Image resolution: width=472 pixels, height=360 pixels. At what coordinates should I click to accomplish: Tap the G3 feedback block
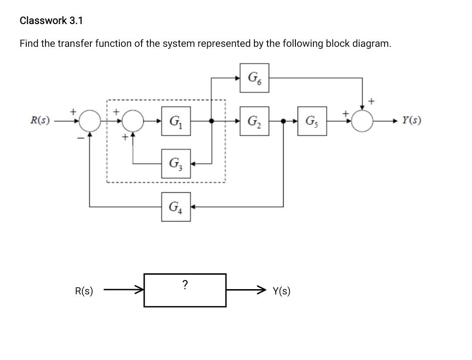pos(176,164)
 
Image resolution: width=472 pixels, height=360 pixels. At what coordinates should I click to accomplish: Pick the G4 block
pos(176,206)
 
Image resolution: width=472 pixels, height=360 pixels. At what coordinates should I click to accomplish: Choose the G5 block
pos(312,121)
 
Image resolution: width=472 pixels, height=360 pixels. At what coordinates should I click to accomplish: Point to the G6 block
pos(254,78)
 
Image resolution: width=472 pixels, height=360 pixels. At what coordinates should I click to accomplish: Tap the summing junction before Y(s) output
pos(362,121)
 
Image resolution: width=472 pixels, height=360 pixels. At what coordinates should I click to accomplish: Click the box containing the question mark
pos(185,290)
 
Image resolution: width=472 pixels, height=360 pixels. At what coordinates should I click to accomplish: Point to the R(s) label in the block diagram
pos(40,120)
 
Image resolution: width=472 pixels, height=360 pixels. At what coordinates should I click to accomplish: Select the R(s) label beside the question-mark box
pos(84,291)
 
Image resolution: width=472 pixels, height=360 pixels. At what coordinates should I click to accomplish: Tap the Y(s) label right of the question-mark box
pos(281,291)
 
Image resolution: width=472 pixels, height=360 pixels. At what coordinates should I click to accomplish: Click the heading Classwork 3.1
pos(51,21)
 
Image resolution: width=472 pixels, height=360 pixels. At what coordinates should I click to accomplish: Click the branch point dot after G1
pos(212,121)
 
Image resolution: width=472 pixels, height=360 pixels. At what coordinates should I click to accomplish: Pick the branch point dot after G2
pos(284,121)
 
